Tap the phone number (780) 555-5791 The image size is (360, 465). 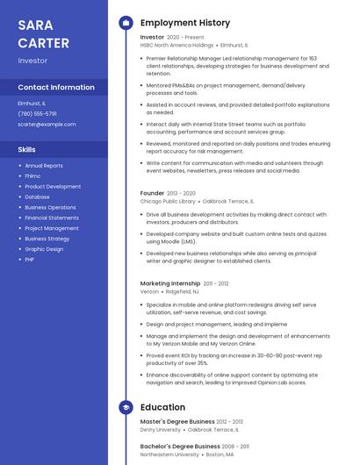click(37, 113)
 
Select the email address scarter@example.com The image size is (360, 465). click(47, 124)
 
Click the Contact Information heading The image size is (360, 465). click(56, 87)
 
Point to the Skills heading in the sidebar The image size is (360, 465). click(26, 149)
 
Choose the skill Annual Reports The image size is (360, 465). click(44, 165)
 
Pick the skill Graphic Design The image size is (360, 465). click(44, 249)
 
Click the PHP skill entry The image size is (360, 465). click(30, 260)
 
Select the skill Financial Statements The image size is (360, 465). click(52, 218)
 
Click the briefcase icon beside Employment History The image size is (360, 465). click(126, 23)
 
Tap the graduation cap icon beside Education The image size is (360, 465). click(126, 407)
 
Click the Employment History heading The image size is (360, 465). click(185, 23)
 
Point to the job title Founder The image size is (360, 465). click(152, 193)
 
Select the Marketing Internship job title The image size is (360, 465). click(170, 283)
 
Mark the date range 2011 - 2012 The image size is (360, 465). click(216, 283)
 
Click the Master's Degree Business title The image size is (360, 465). click(177, 422)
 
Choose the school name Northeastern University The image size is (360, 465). click(169, 454)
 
